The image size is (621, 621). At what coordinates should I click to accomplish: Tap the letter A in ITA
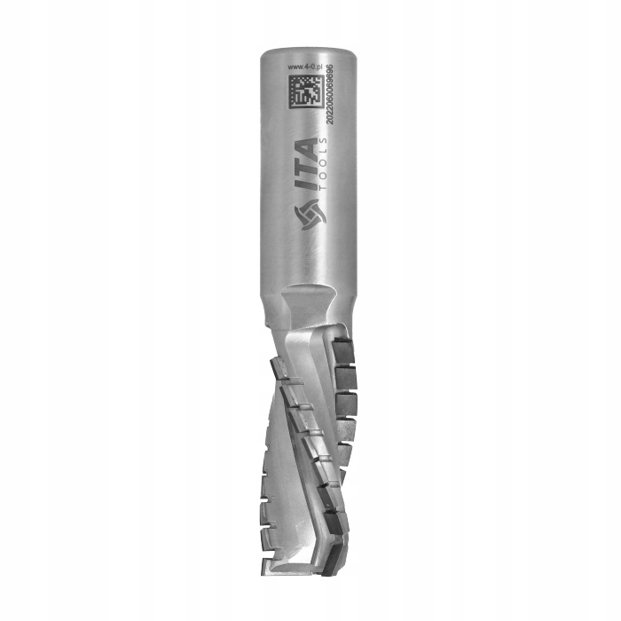304,147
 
